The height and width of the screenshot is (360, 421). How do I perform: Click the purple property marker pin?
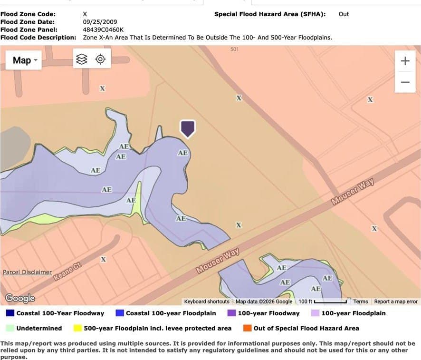[x=188, y=128]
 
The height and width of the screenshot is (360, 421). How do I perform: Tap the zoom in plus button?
[x=405, y=61]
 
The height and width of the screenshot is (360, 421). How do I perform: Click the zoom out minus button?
[x=405, y=82]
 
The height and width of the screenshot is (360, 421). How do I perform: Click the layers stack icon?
[x=82, y=59]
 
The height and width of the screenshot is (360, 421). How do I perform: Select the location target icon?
[x=100, y=59]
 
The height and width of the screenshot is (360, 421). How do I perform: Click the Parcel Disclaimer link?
[x=27, y=272]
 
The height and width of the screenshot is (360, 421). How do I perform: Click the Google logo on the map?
[x=20, y=298]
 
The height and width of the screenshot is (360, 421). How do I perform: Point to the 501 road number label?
[x=234, y=49]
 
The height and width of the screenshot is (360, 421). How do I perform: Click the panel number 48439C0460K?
[x=100, y=29]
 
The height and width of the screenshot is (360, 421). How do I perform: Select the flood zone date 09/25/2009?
[x=100, y=22]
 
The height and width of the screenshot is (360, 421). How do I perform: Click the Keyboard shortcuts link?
[x=207, y=302]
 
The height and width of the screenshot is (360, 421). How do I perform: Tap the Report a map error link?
[x=396, y=302]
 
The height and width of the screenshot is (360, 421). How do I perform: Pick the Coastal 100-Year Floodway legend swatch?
[x=10, y=313]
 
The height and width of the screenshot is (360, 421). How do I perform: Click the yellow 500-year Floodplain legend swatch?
[x=77, y=328]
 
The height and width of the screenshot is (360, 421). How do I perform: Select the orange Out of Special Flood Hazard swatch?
[x=247, y=328]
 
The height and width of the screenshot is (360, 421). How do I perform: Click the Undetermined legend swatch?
[x=10, y=328]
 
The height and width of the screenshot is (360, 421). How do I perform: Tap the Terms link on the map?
[x=360, y=302]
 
